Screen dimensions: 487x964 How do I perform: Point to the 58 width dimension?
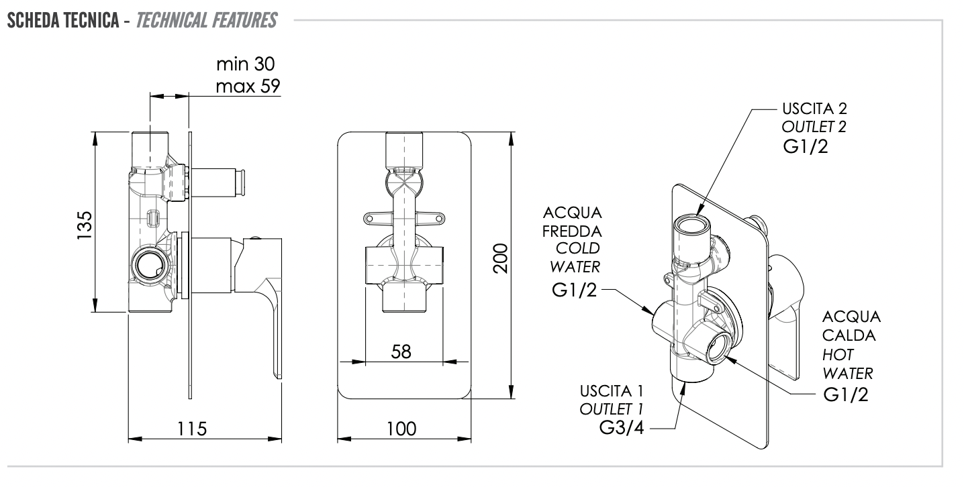coord(401,351)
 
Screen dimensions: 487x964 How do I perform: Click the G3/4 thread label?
coord(622,428)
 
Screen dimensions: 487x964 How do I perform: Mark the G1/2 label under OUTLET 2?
coord(806,148)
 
